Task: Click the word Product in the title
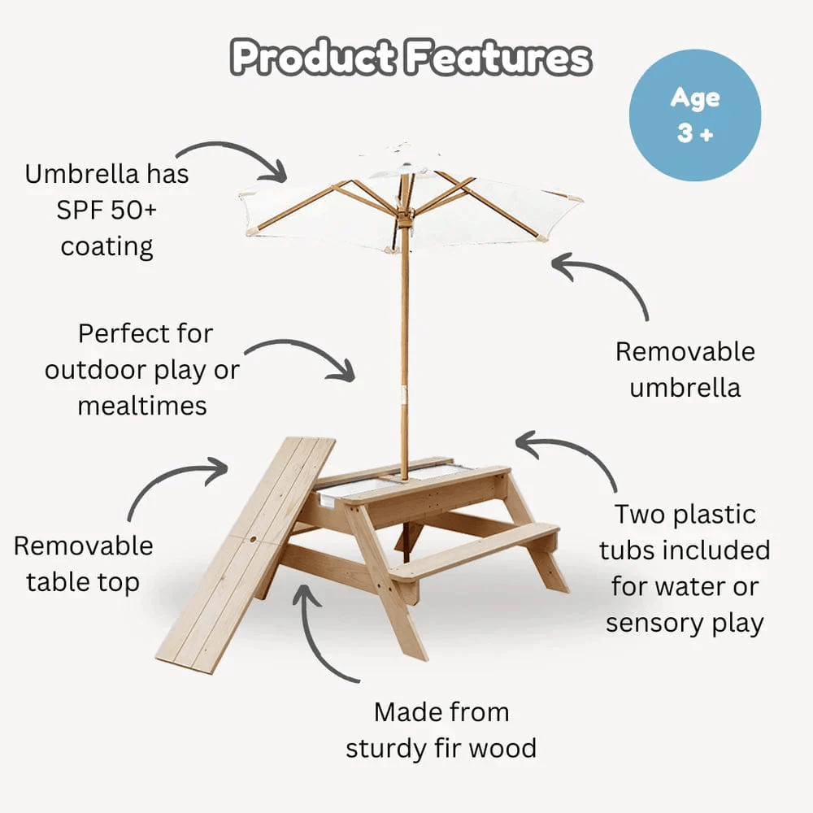click(x=314, y=59)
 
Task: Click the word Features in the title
click(x=498, y=59)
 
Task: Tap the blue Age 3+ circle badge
click(x=696, y=115)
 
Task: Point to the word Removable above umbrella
click(x=685, y=352)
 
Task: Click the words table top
click(x=82, y=581)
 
